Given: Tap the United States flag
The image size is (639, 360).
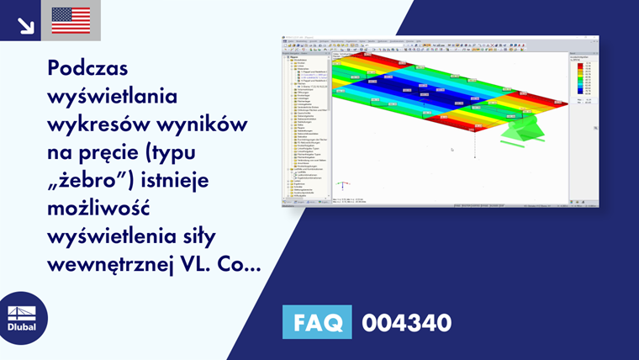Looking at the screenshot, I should click(x=71, y=21).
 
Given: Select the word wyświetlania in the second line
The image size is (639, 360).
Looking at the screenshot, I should click(x=113, y=97).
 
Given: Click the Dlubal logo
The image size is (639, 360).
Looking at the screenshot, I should click(x=23, y=318).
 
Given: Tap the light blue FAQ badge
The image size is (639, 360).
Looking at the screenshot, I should click(x=317, y=322).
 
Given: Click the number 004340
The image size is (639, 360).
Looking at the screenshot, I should click(x=406, y=322).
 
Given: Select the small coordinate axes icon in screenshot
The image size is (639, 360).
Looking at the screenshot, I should click(x=342, y=185).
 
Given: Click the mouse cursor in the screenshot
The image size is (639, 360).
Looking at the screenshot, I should click(x=452, y=151).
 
